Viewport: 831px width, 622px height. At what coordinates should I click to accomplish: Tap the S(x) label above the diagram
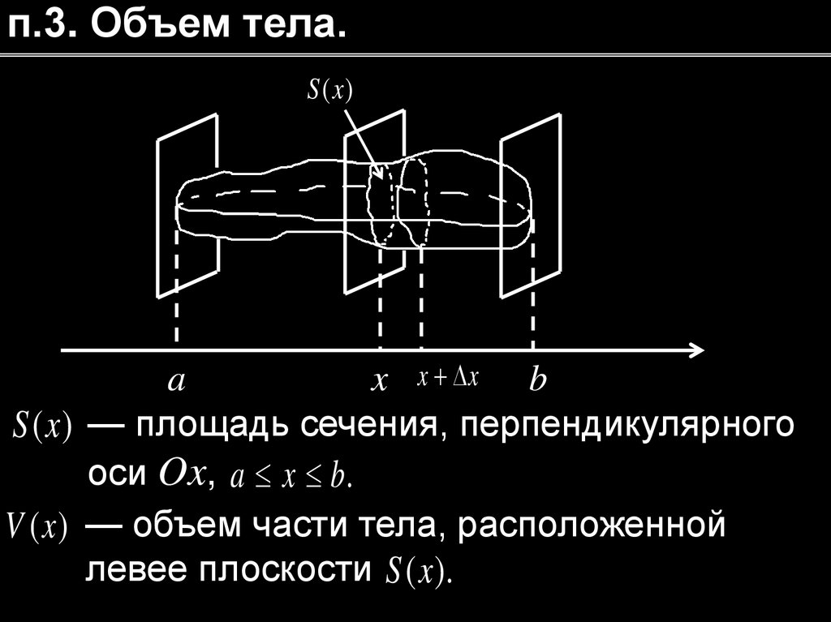click(x=329, y=91)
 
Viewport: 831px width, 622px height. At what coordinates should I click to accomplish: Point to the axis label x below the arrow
click(x=377, y=381)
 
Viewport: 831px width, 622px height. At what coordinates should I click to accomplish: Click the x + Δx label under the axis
click(x=448, y=378)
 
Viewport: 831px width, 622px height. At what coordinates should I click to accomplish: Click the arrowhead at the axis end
click(x=695, y=350)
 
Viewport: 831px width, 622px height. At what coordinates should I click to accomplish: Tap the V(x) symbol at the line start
click(x=37, y=527)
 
